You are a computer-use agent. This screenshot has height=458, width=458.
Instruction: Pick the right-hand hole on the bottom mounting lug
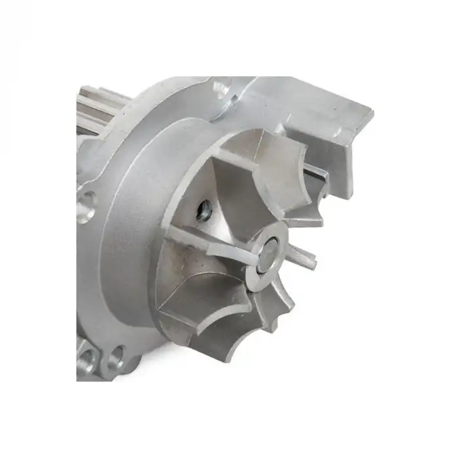click(x=117, y=356)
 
